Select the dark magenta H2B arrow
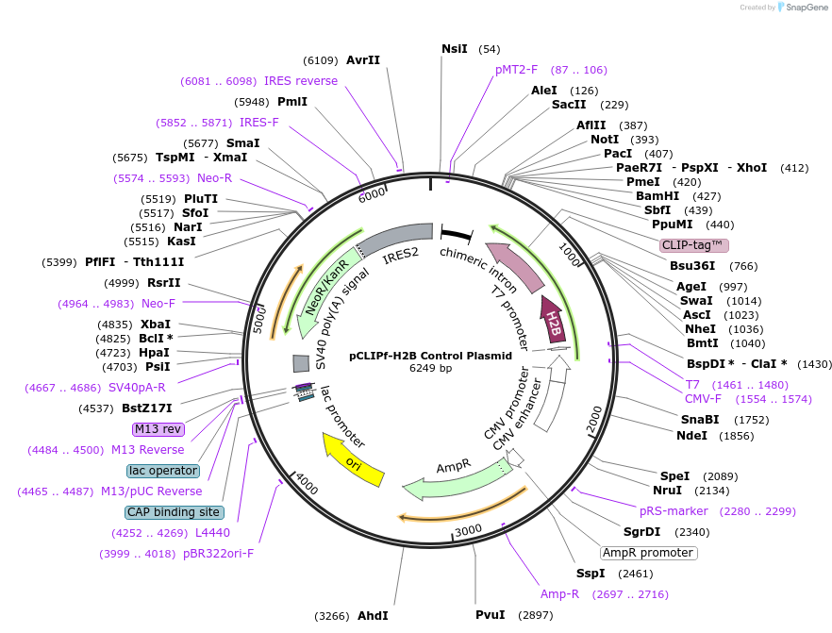coord(553,320)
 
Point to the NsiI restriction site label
coord(454,49)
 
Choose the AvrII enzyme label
coord(363,59)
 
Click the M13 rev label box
coord(158,429)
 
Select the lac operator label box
coord(163,470)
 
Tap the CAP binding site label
coord(175,512)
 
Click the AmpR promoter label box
coord(648,552)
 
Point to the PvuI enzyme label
coord(491,615)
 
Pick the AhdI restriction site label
coord(373,616)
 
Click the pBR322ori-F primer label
coord(218,554)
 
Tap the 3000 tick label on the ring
coord(469,532)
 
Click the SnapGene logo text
coord(803,8)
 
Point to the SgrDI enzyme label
coord(641,531)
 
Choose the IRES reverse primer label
coord(300,81)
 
